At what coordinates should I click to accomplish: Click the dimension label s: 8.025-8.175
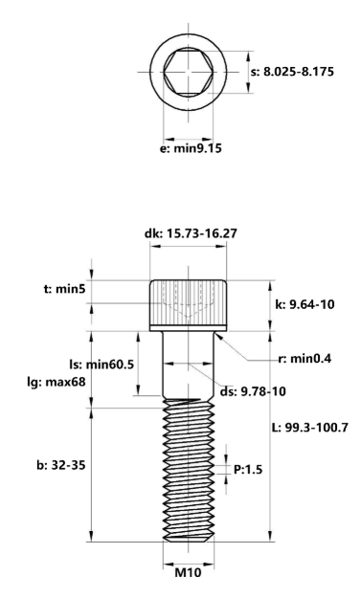tap(298, 73)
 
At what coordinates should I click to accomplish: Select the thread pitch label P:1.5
tap(253, 470)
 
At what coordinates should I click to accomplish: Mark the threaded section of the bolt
tap(188, 469)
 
